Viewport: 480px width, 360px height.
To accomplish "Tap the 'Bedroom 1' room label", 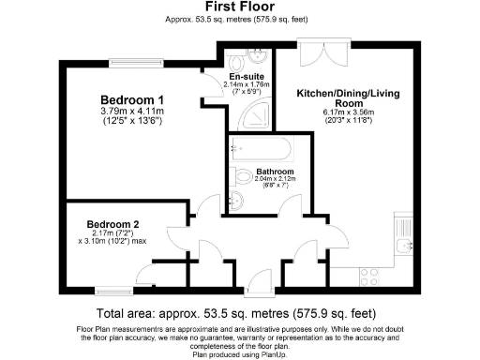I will [x=132, y=99].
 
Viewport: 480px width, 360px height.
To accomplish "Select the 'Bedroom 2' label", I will [x=113, y=225].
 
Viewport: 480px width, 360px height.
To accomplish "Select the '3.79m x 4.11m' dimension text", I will [x=132, y=112].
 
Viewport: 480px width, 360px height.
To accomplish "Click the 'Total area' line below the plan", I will [x=239, y=313].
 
